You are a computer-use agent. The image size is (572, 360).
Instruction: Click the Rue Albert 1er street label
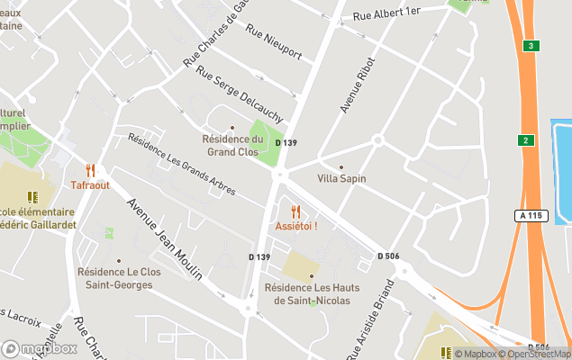[386, 13]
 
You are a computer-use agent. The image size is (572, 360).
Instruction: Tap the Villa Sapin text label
[340, 178]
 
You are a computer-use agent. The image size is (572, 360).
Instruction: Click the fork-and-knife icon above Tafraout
[90, 169]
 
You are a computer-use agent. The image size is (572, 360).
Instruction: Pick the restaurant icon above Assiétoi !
[295, 211]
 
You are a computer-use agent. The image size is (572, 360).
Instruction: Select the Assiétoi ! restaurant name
[296, 225]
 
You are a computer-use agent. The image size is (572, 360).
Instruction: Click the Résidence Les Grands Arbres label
[181, 165]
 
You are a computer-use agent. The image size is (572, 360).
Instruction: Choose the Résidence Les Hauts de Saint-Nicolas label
[312, 293]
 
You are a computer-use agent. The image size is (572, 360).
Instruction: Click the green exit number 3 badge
[532, 45]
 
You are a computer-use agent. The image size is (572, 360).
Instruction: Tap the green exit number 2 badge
[524, 139]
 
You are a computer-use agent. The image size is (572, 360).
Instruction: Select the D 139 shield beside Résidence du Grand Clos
[286, 143]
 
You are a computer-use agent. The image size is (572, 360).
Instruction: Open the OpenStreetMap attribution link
[539, 354]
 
